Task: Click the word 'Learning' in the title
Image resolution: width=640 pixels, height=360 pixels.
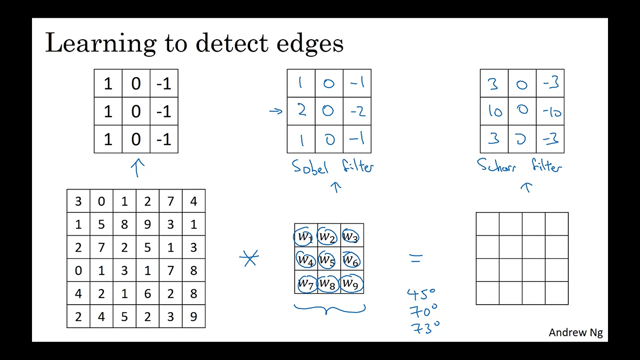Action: click(x=101, y=44)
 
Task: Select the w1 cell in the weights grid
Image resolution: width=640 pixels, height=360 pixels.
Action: click(x=304, y=237)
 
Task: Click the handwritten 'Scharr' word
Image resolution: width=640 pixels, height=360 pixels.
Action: click(x=496, y=165)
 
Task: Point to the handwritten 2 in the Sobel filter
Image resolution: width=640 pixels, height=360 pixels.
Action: click(x=302, y=111)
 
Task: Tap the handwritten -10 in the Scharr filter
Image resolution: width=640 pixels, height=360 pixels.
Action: click(x=551, y=111)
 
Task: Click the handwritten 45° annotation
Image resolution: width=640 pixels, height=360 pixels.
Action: click(x=421, y=294)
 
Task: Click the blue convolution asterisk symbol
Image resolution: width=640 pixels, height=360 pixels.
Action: click(x=249, y=258)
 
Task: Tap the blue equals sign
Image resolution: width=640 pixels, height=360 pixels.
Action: click(x=416, y=259)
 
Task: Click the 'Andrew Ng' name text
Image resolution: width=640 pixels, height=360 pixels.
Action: click(x=576, y=332)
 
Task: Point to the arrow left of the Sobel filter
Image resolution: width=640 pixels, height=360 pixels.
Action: click(x=276, y=111)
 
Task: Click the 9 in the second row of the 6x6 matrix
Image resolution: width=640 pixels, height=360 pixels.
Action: click(x=147, y=224)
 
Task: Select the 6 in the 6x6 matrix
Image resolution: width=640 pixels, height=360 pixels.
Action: click(x=147, y=293)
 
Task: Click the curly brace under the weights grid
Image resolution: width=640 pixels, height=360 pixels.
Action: click(x=330, y=309)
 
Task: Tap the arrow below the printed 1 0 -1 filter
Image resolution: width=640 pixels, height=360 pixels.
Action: click(x=138, y=168)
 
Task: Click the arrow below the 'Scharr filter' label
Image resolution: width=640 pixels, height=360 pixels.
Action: click(x=527, y=187)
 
